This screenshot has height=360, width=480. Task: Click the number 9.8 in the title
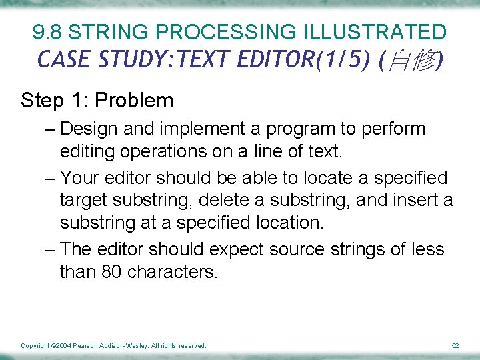[x=48, y=31]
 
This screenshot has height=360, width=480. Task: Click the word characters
[x=172, y=272]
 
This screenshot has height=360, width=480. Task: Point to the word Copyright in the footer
[x=35, y=346]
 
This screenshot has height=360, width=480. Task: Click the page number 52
[x=455, y=346]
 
